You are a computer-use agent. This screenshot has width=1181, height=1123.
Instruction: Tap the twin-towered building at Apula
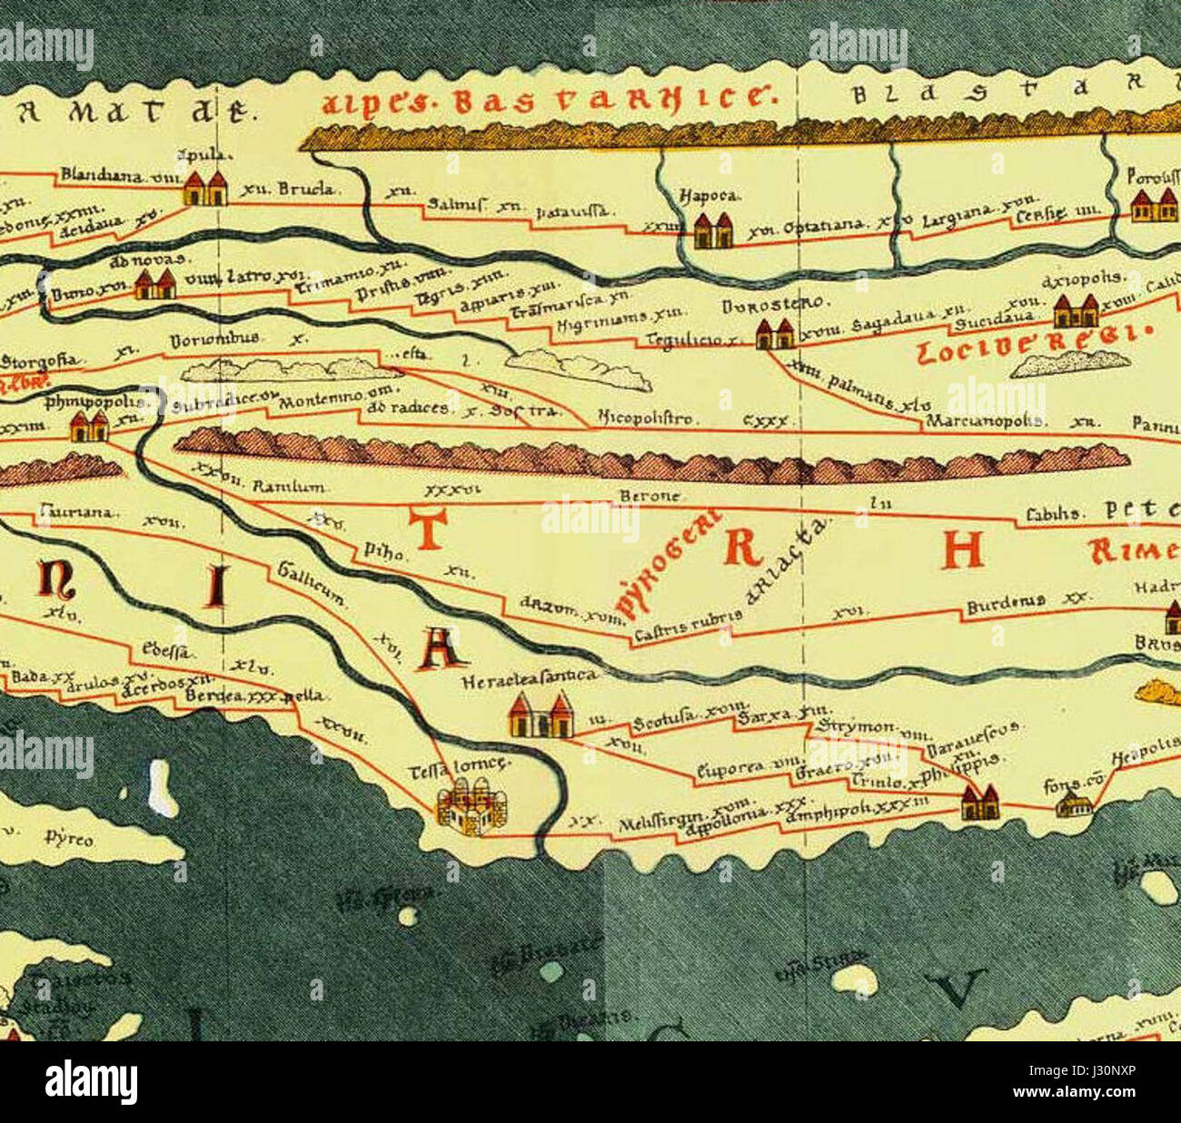coord(204,188)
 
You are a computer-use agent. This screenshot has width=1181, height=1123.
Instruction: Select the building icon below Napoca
coord(712,231)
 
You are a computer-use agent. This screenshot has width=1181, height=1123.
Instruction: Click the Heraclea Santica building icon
coord(541,715)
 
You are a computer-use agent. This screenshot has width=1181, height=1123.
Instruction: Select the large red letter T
coord(428,529)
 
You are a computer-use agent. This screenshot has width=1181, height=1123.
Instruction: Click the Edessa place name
coord(164,649)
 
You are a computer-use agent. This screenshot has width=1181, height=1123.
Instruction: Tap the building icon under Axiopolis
coord(1075,311)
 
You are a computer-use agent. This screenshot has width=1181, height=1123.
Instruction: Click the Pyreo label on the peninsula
coord(69,840)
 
